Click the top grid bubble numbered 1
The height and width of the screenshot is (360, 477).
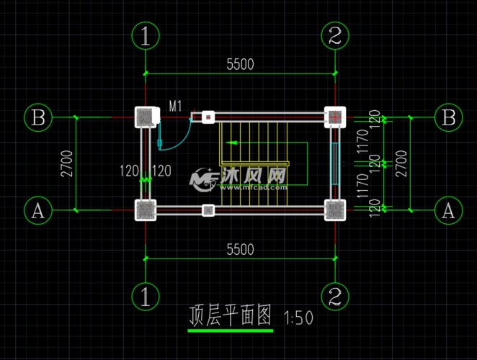click(146, 35)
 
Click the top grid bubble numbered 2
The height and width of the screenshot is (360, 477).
click(335, 35)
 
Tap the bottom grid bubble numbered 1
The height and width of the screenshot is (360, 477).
click(146, 296)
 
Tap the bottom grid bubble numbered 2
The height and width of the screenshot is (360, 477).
click(335, 296)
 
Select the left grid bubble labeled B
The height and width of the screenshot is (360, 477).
click(38, 117)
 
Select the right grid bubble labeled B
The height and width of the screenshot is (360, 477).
click(449, 117)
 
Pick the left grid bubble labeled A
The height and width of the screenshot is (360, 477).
click(38, 210)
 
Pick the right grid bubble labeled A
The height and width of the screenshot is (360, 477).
click(449, 210)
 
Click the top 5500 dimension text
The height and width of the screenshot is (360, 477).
click(240, 64)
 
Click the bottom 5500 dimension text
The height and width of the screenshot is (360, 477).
click(240, 249)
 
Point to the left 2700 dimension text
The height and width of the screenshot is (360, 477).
click(66, 163)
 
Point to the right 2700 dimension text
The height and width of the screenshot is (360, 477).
click(403, 163)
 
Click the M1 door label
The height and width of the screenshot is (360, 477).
click(175, 107)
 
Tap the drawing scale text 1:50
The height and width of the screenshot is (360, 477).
click(299, 318)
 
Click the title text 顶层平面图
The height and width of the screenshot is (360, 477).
click(230, 315)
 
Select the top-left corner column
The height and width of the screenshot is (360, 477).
click(146, 117)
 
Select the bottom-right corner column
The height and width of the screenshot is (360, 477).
click(335, 210)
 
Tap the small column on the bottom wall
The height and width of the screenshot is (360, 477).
click(208, 210)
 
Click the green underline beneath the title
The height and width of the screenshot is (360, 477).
click(230, 330)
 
